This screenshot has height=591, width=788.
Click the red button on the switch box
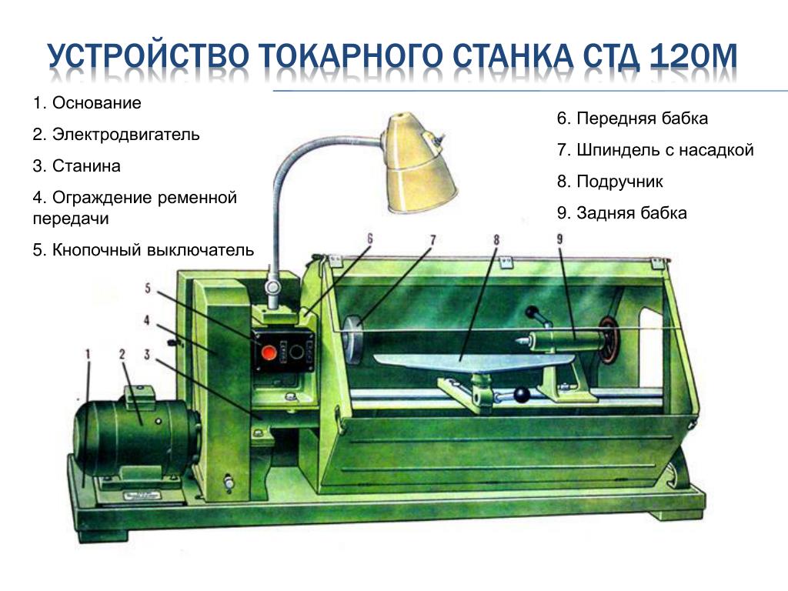[269, 352]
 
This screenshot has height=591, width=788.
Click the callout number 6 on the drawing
[370, 239]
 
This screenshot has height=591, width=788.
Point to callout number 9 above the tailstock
[560, 239]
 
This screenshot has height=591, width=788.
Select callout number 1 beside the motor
[88, 354]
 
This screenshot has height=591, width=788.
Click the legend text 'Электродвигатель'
[125, 135]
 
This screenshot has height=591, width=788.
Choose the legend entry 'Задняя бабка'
[631, 213]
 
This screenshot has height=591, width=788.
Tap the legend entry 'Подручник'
[619, 182]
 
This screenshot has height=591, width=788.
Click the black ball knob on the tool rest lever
[523, 395]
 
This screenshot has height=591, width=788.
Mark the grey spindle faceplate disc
[354, 339]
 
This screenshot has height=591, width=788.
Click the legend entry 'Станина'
[86, 166]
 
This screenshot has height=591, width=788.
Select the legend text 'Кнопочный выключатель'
[153, 250]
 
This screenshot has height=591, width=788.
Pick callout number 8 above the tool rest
[496, 240]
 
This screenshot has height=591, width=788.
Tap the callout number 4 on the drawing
[147, 320]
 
